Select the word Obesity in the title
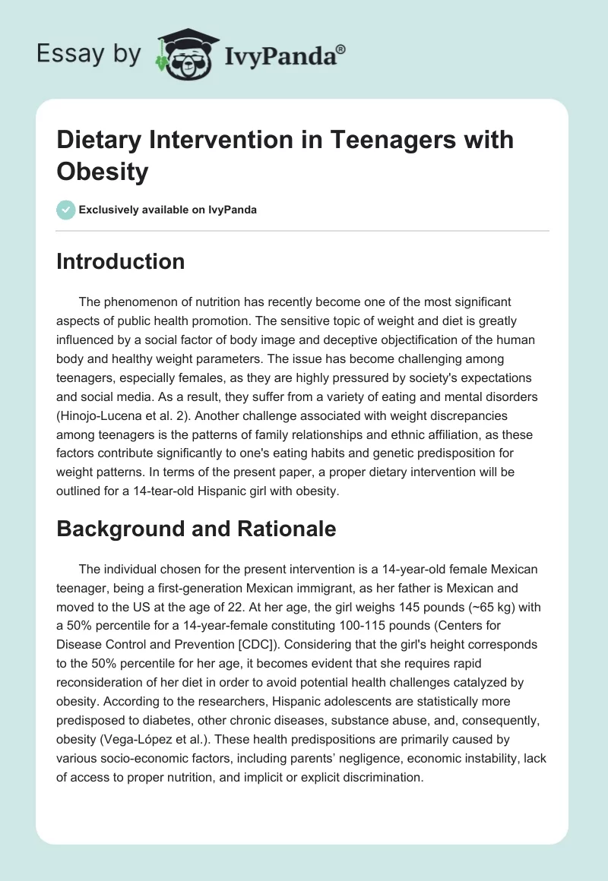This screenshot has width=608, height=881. coord(103,171)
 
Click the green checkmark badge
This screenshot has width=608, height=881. coord(66,210)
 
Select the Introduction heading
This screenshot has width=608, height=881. coord(121,261)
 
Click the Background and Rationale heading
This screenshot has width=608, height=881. coord(196,529)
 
